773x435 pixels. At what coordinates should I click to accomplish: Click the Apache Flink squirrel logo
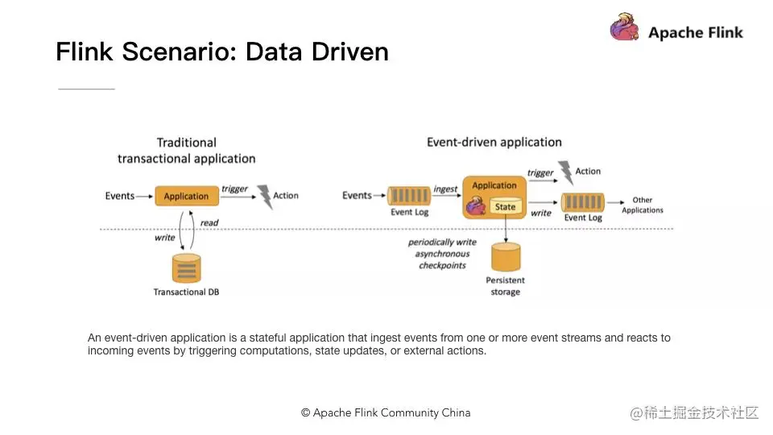tap(624, 28)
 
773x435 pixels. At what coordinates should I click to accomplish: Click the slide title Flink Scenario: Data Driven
tap(222, 52)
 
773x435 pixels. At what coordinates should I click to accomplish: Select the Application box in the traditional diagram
tap(186, 196)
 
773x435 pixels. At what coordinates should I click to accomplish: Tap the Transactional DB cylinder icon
tap(186, 267)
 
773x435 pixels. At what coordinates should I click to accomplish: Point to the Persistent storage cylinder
tap(506, 256)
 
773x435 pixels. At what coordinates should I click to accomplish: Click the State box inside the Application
tap(505, 207)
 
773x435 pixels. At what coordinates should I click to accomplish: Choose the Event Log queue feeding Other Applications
tap(583, 201)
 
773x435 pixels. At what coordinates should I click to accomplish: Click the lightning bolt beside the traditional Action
tap(263, 196)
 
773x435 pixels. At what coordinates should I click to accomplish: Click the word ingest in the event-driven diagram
tap(445, 189)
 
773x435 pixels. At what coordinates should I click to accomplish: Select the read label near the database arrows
tap(209, 223)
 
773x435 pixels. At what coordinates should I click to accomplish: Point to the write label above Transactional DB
tap(165, 238)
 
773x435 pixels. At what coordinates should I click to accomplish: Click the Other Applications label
tap(642, 205)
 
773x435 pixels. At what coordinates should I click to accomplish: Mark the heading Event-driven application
tap(494, 143)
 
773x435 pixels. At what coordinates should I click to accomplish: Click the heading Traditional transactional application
tap(186, 151)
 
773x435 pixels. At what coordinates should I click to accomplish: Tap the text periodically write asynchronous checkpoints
tap(442, 254)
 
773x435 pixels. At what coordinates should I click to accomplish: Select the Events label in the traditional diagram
tap(120, 196)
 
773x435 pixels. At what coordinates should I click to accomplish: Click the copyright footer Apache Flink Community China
tap(386, 412)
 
